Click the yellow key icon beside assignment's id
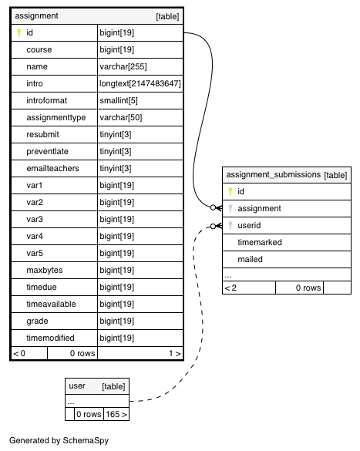pyautogui.click(x=19, y=32)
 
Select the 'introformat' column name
pyautogui.click(x=46, y=100)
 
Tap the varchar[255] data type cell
pyautogui.click(x=123, y=67)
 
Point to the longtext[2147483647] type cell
pyautogui.click(x=140, y=84)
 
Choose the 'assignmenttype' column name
pyautogui.click(x=56, y=118)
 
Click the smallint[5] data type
pyautogui.click(x=119, y=101)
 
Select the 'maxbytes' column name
pyautogui.click(x=45, y=270)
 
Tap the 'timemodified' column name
pyautogui.click(x=50, y=338)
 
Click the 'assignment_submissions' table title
pyautogui.click(x=273, y=174)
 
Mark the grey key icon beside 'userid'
pyautogui.click(x=230, y=225)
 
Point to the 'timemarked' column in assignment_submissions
pyautogui.click(x=260, y=242)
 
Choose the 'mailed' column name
pyautogui.click(x=250, y=259)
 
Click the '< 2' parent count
pyautogui.click(x=230, y=288)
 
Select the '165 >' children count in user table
pyautogui.click(x=116, y=414)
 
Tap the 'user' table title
pyautogui.click(x=77, y=386)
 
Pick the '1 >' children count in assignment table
pyautogui.click(x=175, y=353)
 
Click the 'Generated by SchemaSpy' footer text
pyautogui.click(x=59, y=440)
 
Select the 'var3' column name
pyautogui.click(x=35, y=219)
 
